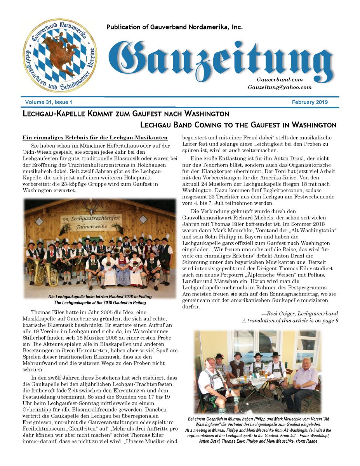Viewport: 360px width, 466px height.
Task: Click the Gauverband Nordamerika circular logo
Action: [x=60, y=55]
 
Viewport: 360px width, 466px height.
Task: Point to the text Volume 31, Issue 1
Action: [x=49, y=103]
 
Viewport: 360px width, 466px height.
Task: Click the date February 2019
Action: [x=310, y=103]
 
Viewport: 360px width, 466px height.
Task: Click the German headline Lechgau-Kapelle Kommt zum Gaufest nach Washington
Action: [x=126, y=114]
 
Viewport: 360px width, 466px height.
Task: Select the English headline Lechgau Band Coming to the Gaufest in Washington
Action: [x=238, y=125]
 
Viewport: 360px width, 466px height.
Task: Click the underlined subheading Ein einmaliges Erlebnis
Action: [x=95, y=137]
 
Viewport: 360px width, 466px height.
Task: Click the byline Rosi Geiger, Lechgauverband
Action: [x=299, y=313]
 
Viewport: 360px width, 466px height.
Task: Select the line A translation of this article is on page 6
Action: [x=290, y=320]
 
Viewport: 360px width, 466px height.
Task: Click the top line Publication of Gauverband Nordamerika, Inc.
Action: [x=174, y=27]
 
